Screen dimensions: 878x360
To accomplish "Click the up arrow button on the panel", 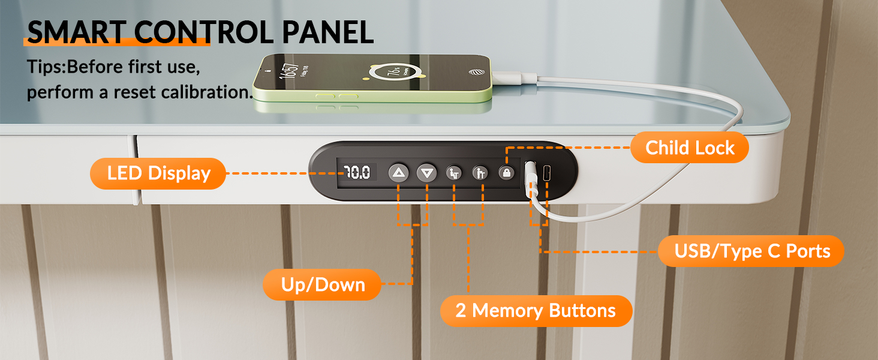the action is pos(399,173).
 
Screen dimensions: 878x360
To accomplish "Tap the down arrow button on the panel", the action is pos(427,173).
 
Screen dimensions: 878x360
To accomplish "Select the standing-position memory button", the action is pos(480,173).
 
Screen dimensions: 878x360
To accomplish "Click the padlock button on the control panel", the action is pos(506,173).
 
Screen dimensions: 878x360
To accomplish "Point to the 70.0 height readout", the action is pos(357,172).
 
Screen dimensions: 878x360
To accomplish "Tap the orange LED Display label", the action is pos(158,173).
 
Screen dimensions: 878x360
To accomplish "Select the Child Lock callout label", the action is pos(690,148).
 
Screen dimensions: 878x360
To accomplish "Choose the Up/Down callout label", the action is pos(322,285).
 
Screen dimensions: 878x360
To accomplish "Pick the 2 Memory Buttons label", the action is pos(536,311).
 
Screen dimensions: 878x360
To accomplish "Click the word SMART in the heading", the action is pos(76,32).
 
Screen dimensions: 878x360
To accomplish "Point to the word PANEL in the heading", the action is pos(327,32).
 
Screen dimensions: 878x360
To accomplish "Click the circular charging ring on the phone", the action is pos(395,72).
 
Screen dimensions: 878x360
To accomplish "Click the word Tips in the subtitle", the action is pos(45,67).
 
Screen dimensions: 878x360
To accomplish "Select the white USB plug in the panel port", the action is pos(530,176).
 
